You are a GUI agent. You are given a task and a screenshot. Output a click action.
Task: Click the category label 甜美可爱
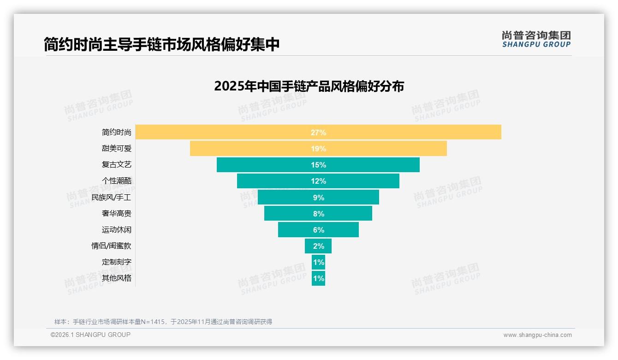pos(116,149)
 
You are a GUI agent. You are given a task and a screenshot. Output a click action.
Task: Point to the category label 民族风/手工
pos(111,197)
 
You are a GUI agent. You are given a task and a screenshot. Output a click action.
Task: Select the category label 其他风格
pos(116,278)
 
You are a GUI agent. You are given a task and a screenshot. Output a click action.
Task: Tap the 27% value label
pos(318,132)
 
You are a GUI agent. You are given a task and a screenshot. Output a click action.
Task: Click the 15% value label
pos(318,165)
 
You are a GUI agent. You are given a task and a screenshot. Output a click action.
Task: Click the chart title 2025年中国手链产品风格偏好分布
pos(309,86)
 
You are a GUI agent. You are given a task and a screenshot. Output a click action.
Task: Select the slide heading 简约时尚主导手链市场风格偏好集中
pos(161,44)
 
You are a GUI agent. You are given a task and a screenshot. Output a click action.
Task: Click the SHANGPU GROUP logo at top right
pos(536,39)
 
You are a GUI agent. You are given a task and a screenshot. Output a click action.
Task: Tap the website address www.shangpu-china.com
pos(537,335)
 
